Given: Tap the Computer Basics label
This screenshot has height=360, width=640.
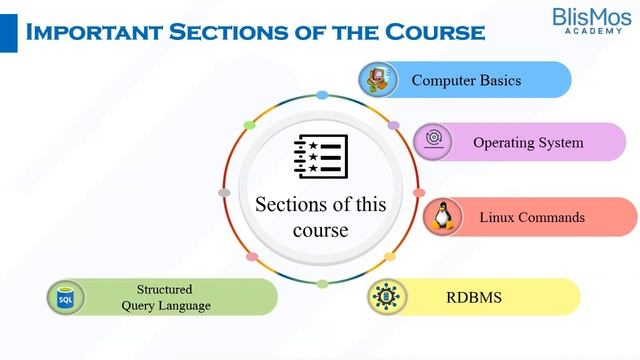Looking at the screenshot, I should coord(466,80).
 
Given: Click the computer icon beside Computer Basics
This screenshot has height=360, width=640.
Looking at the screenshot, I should coord(376,79).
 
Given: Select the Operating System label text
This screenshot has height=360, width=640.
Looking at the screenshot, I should coord(528,142).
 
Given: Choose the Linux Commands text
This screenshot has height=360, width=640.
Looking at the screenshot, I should coord(532,217).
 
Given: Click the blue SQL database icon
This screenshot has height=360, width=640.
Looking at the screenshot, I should coord(66,297).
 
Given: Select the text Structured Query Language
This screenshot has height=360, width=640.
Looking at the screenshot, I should coord(165,297).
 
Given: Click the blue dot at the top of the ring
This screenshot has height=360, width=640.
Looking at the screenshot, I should coord(322,96).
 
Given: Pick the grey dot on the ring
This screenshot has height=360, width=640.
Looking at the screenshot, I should coord(224,192).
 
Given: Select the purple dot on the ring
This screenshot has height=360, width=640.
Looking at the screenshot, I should coord(393,127).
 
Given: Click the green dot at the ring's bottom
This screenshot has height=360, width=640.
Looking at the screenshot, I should coord(322,284).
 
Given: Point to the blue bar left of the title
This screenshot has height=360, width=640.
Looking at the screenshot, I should coord(8,32).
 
